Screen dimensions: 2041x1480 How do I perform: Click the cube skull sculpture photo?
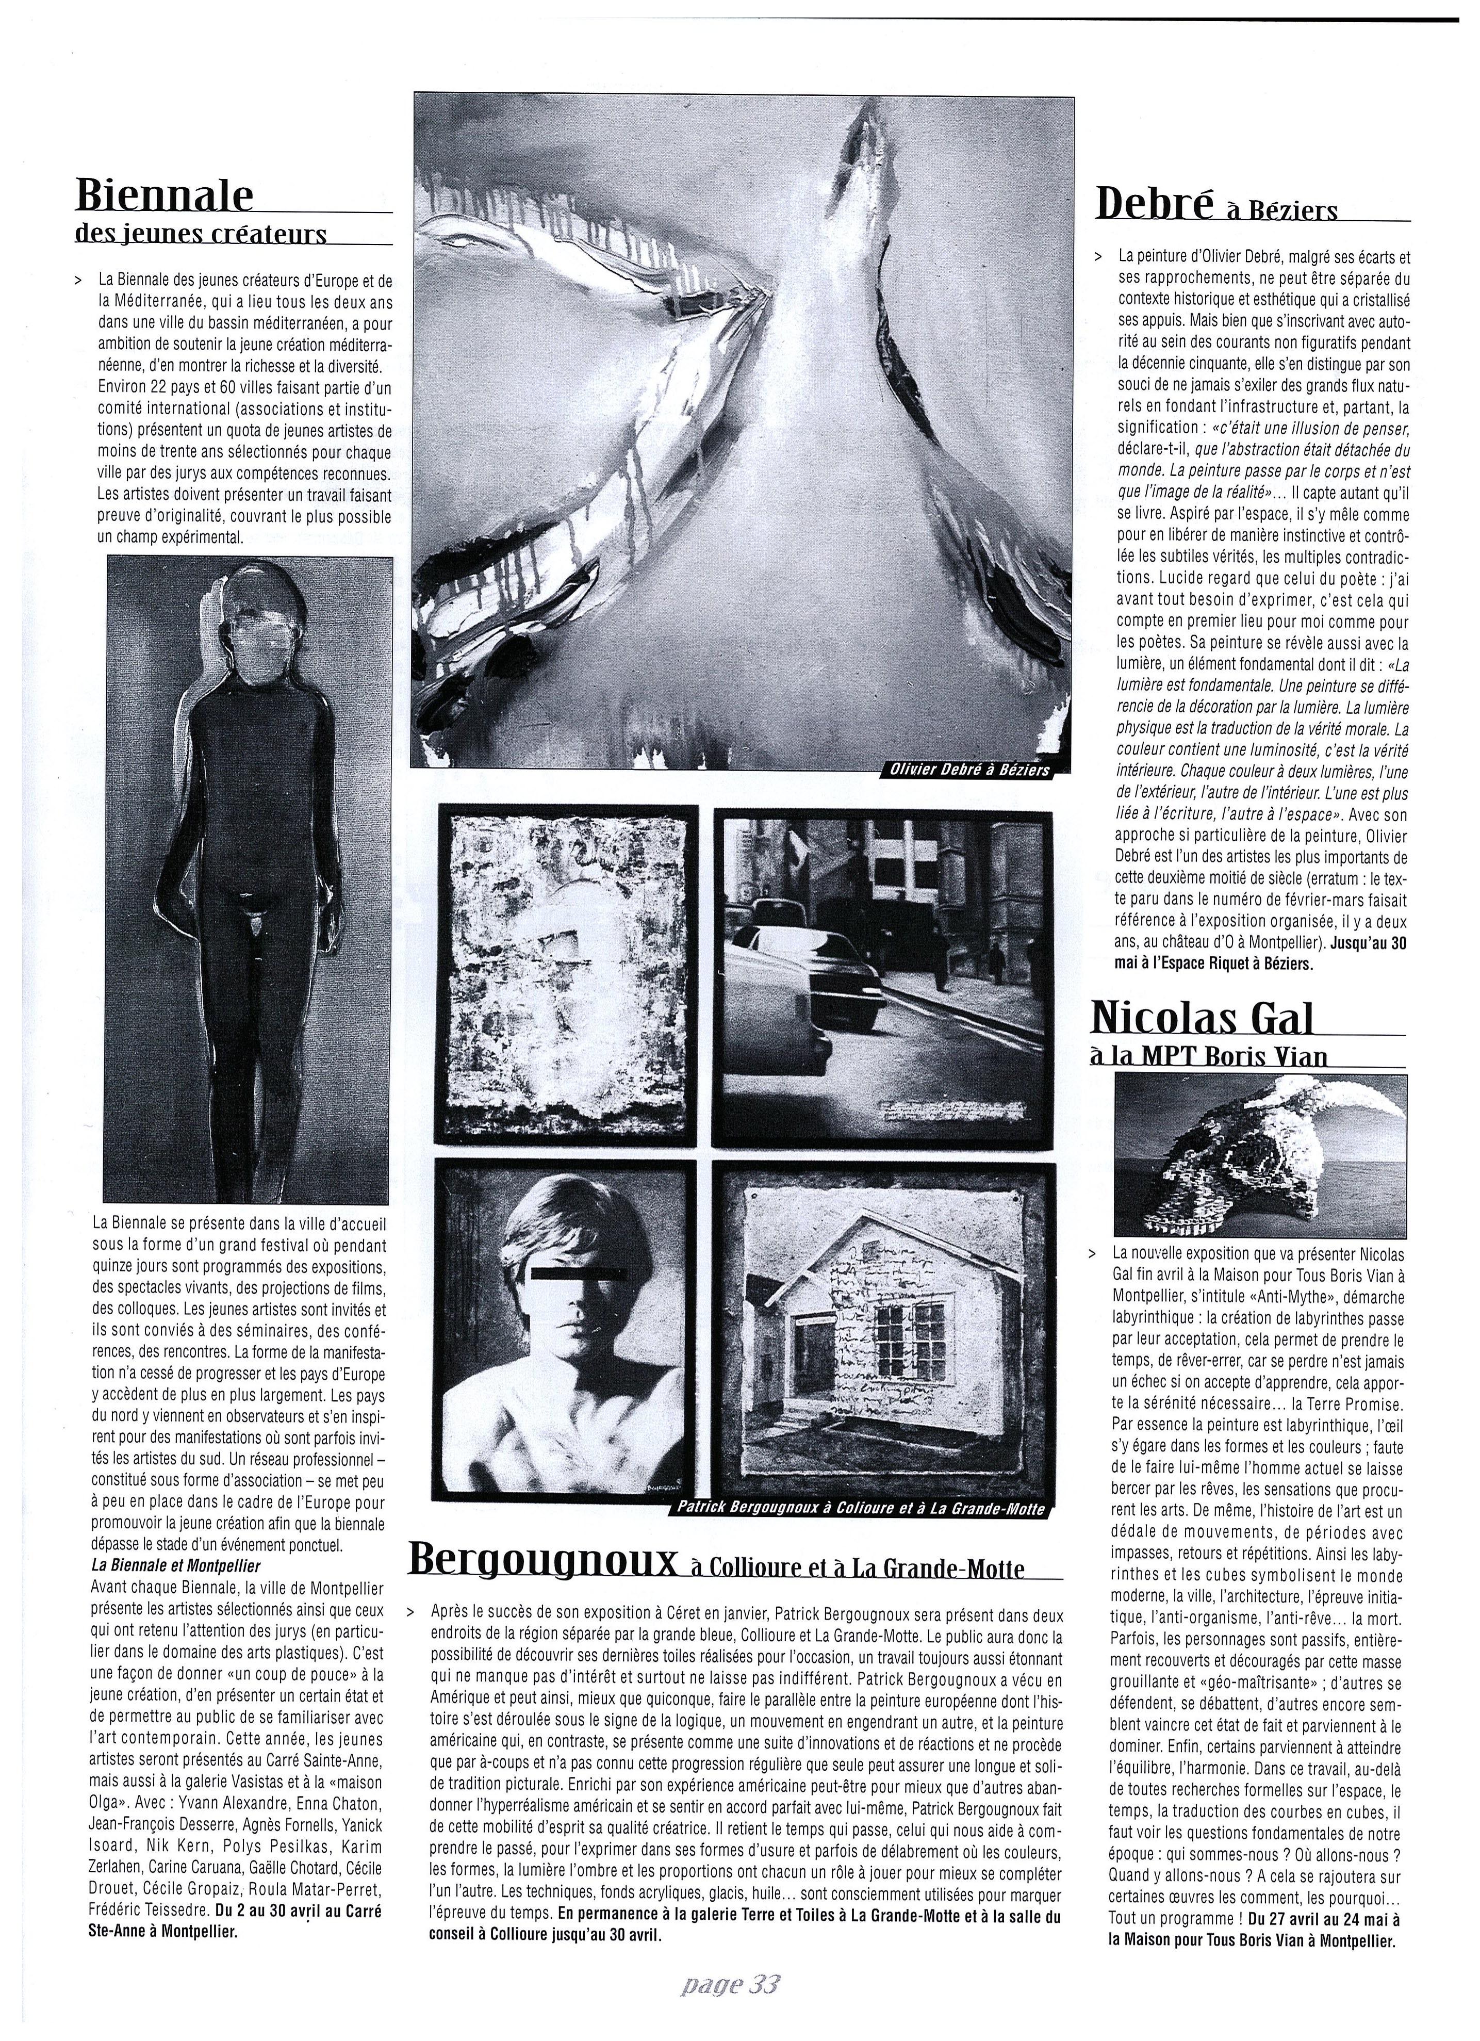[1260, 1154]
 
